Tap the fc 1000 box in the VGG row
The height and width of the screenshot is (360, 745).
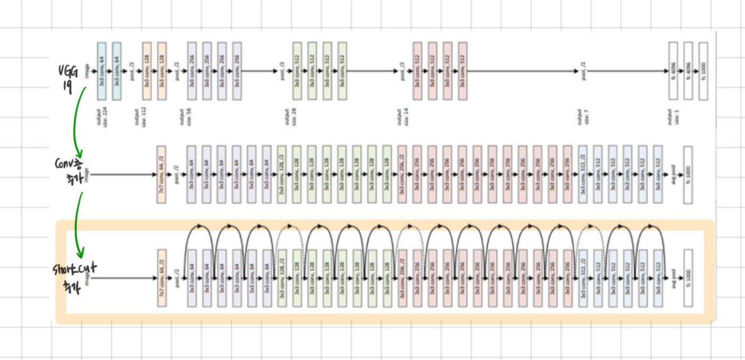tap(703, 71)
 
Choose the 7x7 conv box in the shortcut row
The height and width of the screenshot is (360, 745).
tap(161, 278)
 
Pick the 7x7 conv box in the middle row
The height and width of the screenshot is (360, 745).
tap(161, 174)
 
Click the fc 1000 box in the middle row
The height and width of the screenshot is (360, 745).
tap(688, 174)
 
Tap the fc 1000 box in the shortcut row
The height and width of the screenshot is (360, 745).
tap(688, 278)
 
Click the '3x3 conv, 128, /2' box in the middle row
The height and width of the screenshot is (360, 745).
tap(282, 174)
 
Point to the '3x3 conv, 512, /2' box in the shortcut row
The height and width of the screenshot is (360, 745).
tap(582, 278)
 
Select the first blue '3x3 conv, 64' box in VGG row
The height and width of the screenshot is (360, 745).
tap(102, 71)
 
